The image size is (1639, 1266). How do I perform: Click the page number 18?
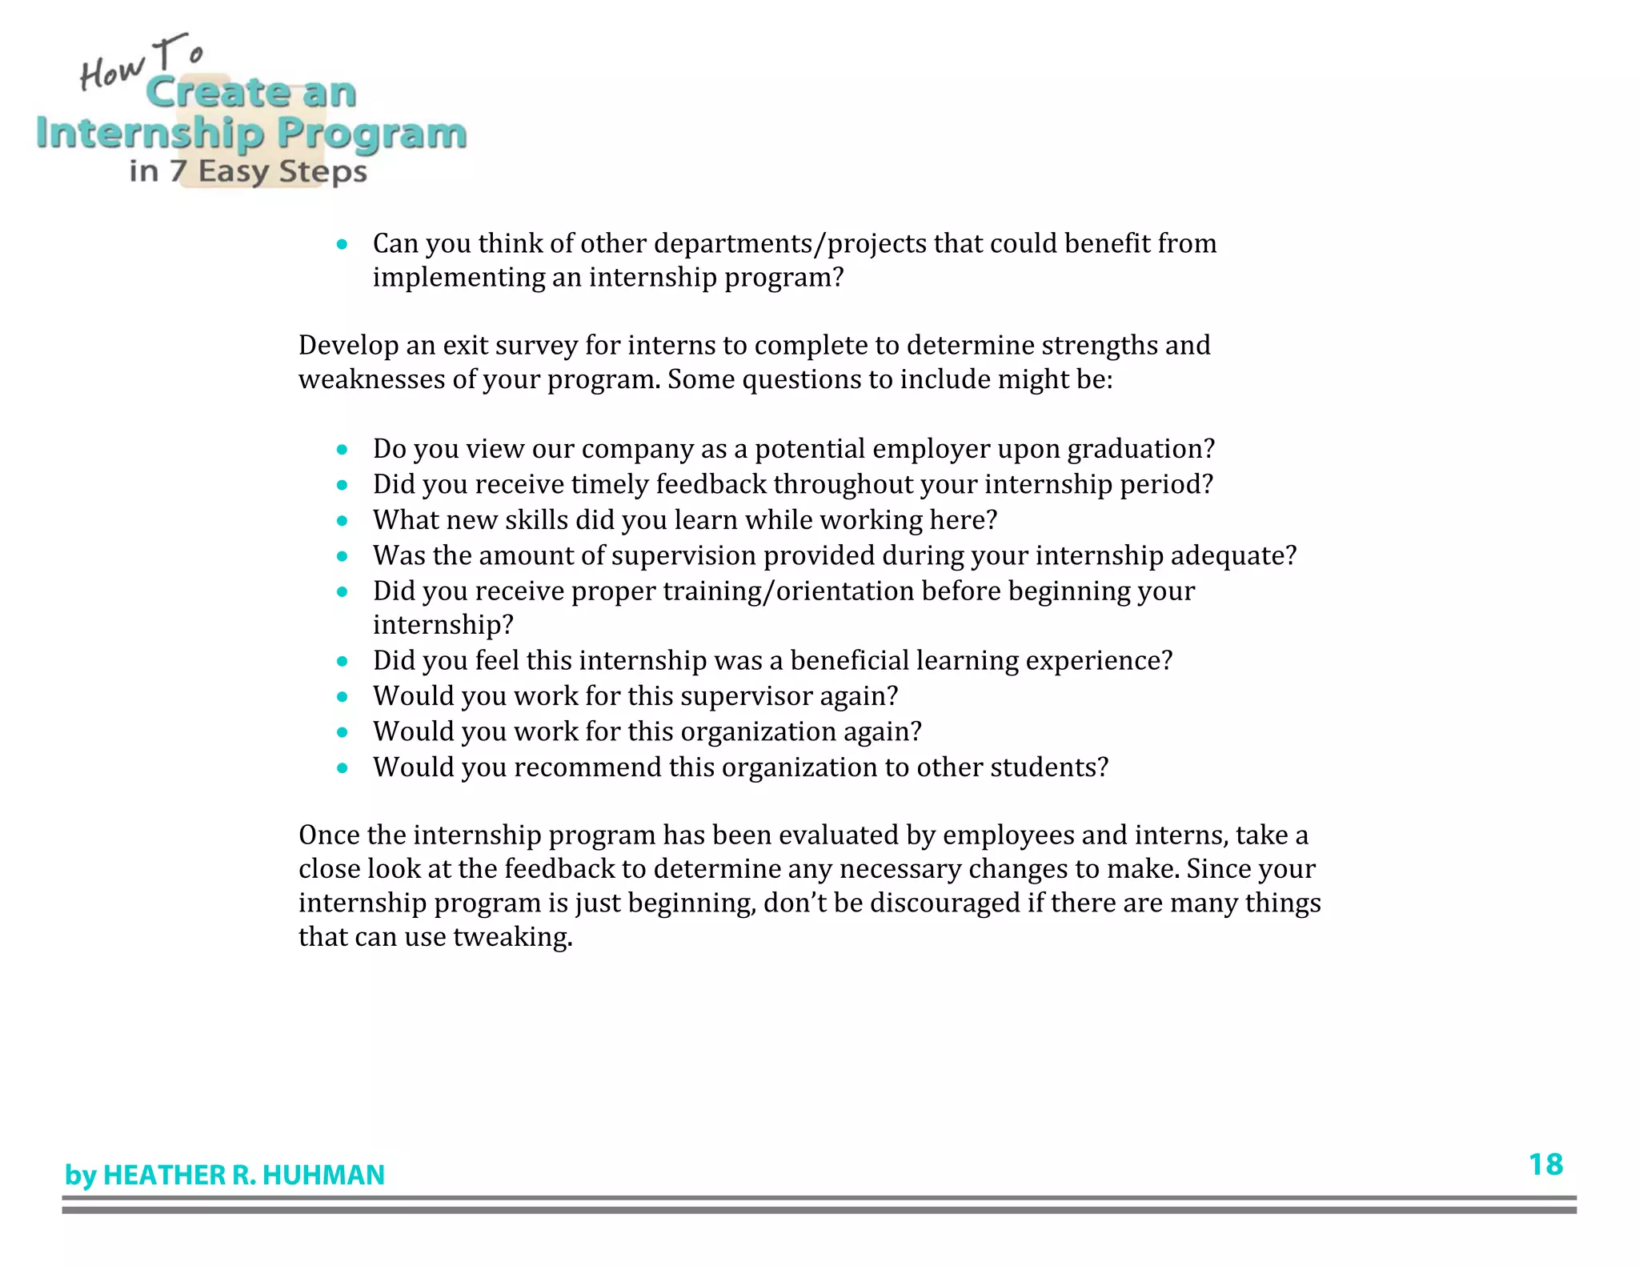pyautogui.click(x=1545, y=1164)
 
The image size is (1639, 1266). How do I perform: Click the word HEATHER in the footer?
pyautogui.click(x=164, y=1175)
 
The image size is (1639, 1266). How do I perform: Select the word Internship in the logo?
pyautogui.click(x=150, y=134)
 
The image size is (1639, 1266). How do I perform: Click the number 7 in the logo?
pyautogui.click(x=178, y=171)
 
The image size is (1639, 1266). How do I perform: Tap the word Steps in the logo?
pyautogui.click(x=323, y=172)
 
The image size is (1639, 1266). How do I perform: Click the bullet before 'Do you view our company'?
pyautogui.click(x=343, y=450)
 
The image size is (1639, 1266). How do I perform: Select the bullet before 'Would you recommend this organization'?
pyautogui.click(x=343, y=768)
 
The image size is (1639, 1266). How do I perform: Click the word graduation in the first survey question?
pyautogui.click(x=1140, y=449)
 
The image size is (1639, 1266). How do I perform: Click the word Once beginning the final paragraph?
pyautogui.click(x=329, y=835)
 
